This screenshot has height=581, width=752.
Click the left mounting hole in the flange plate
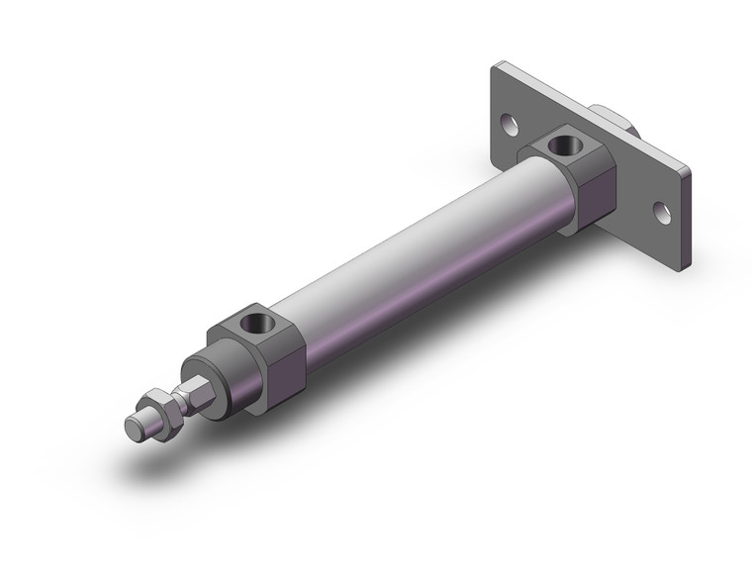pos(509,125)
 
